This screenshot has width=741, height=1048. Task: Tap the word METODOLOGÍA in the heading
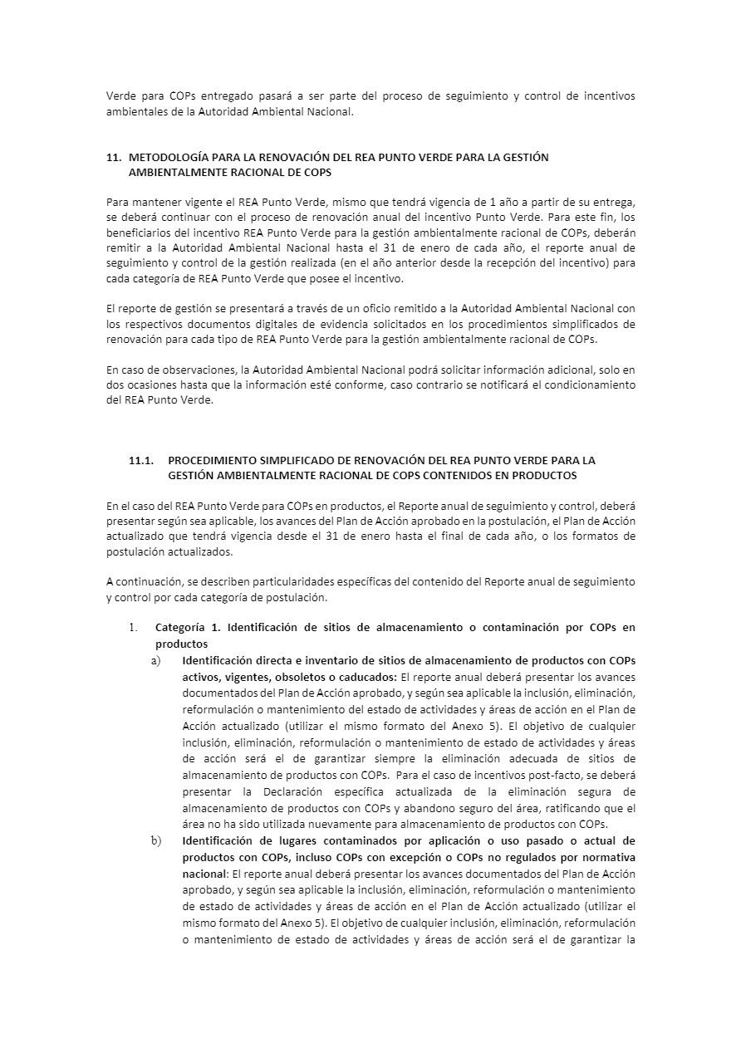point(168,157)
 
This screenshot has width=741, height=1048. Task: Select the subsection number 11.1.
point(142,460)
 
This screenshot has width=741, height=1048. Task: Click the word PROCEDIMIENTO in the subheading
point(213,460)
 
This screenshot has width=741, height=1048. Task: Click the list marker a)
point(155,661)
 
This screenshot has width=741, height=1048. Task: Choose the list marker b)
point(155,840)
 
